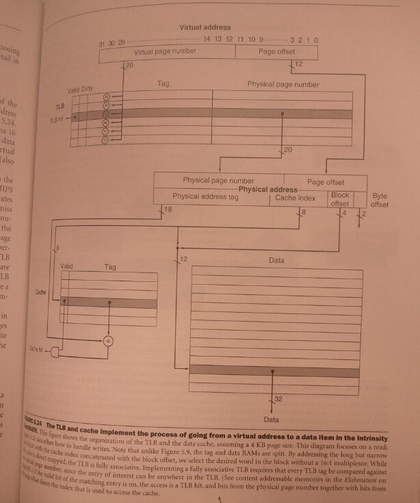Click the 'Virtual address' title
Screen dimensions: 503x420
tap(205, 27)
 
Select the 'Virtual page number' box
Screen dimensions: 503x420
tap(165, 51)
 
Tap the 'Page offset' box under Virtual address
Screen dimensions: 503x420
tap(276, 51)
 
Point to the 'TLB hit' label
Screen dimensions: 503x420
tap(57, 118)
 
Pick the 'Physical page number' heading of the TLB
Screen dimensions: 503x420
tap(283, 84)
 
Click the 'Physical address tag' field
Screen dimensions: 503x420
tap(205, 197)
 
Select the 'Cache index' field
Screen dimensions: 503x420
tap(296, 198)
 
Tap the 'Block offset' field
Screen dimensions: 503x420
tap(340, 199)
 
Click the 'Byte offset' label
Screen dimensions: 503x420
tap(380, 200)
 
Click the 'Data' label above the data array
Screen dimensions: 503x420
tap(276, 261)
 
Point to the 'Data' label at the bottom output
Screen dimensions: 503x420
tap(271, 418)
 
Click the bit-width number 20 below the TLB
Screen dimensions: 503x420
tap(288, 149)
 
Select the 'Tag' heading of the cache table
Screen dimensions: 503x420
tap(109, 267)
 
